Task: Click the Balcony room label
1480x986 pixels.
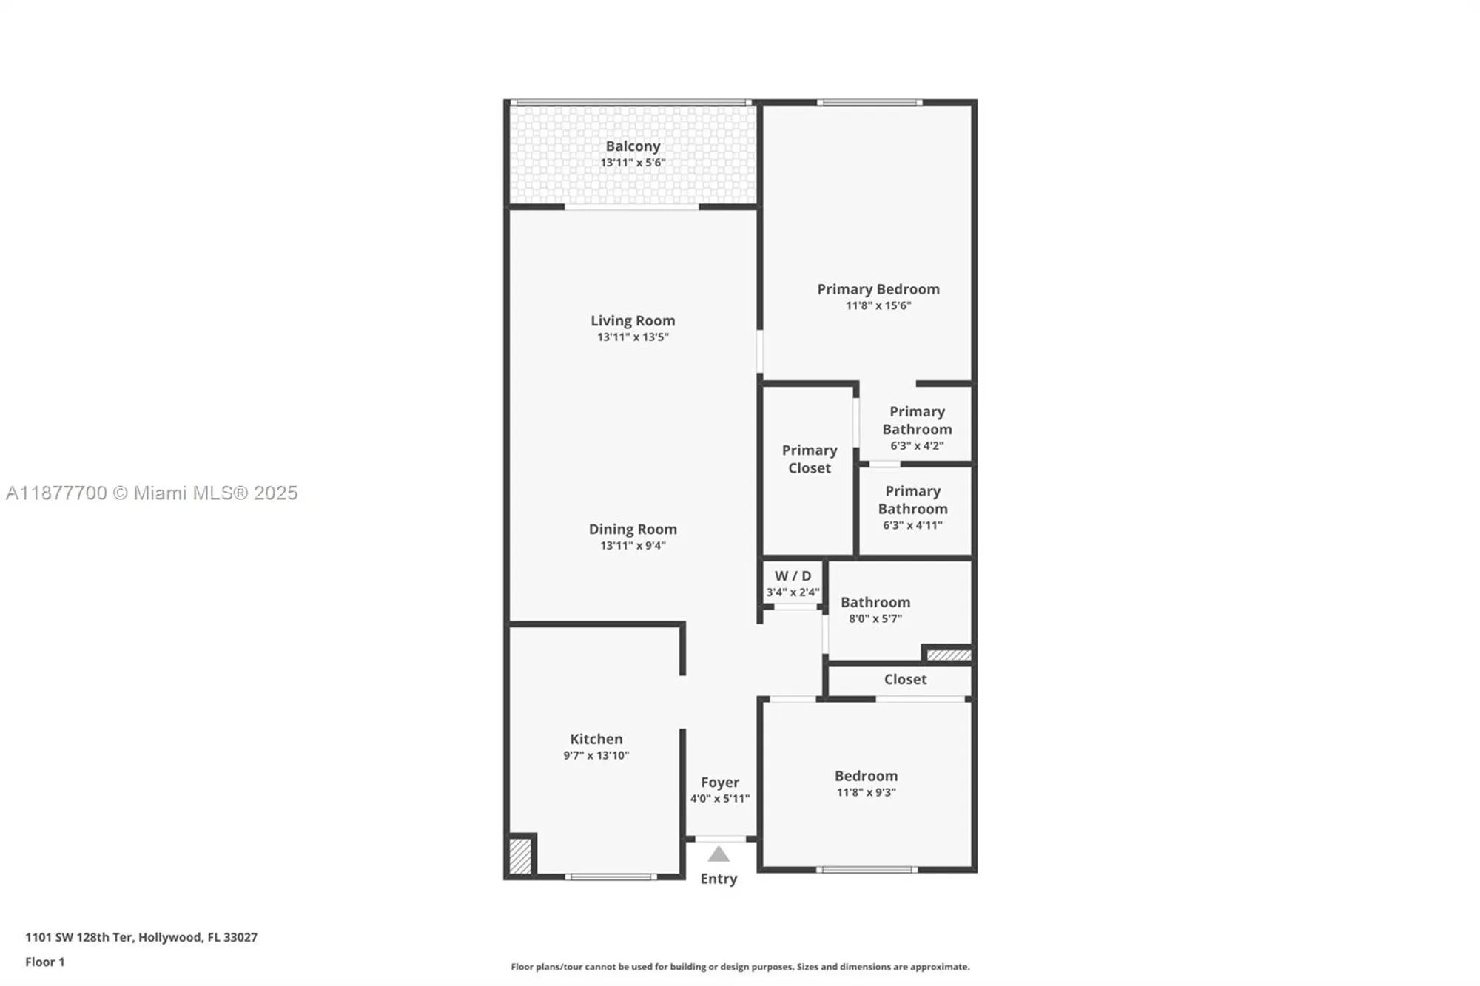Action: click(x=633, y=146)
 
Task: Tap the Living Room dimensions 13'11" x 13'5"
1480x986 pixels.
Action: click(x=633, y=337)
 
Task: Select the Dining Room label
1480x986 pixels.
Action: click(x=633, y=529)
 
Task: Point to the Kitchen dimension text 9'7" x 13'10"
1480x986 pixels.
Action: click(x=596, y=755)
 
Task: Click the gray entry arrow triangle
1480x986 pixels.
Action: click(x=719, y=856)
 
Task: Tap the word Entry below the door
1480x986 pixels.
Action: click(x=719, y=879)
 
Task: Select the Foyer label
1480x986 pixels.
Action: click(x=720, y=782)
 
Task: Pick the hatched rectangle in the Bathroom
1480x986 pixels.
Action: click(x=949, y=655)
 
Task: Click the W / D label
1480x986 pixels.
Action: click(x=793, y=575)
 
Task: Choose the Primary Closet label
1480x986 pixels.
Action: click(x=810, y=459)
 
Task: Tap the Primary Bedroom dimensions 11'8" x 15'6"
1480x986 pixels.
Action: click(x=878, y=305)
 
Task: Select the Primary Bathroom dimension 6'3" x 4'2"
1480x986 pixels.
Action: click(x=917, y=446)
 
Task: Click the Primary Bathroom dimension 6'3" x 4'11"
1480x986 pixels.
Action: click(x=912, y=526)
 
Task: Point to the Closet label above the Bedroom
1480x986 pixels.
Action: click(x=905, y=679)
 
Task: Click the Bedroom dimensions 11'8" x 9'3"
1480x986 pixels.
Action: click(x=866, y=792)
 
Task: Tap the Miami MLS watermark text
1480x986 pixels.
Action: click(x=152, y=493)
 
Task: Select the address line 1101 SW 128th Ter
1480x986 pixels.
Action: click(x=141, y=937)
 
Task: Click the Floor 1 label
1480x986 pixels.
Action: click(x=45, y=962)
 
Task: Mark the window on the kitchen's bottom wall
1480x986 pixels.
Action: click(x=611, y=877)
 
